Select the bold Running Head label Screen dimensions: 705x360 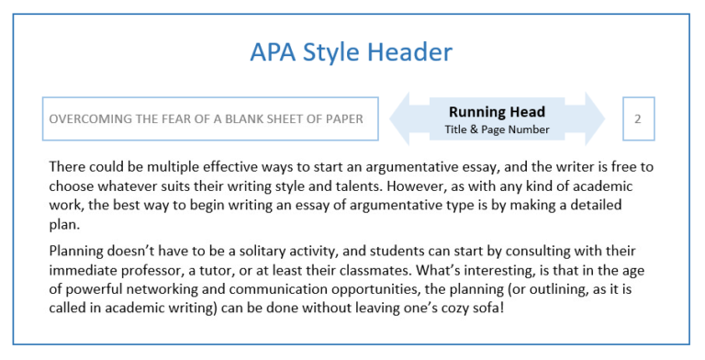(498, 112)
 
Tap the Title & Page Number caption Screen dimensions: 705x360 (498, 129)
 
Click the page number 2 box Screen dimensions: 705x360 (637, 118)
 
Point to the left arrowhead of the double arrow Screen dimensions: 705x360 (400, 118)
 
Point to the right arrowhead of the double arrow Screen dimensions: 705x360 (595, 118)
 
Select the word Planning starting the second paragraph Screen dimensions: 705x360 (76, 251)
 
